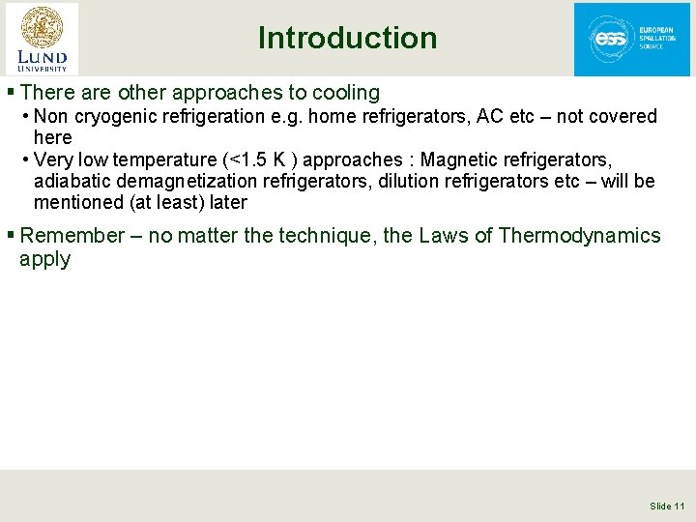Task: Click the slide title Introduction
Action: (x=347, y=38)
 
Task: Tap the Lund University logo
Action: (x=43, y=39)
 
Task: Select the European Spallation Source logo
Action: (x=632, y=40)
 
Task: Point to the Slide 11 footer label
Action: (x=667, y=506)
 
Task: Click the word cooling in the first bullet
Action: (x=343, y=93)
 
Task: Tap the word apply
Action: (x=44, y=259)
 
